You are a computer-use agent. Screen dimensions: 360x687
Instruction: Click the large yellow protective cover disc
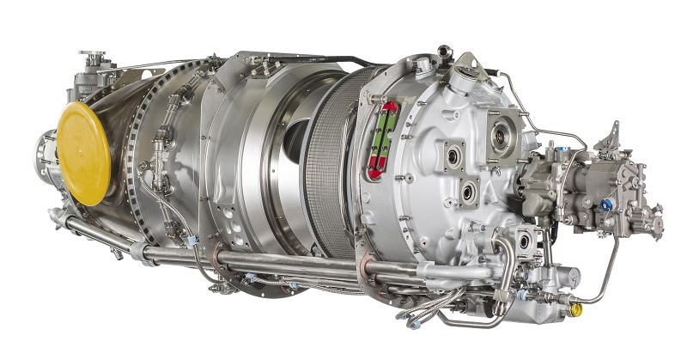coord(83,153)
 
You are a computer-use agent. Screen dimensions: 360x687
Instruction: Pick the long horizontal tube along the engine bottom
coord(258,258)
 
